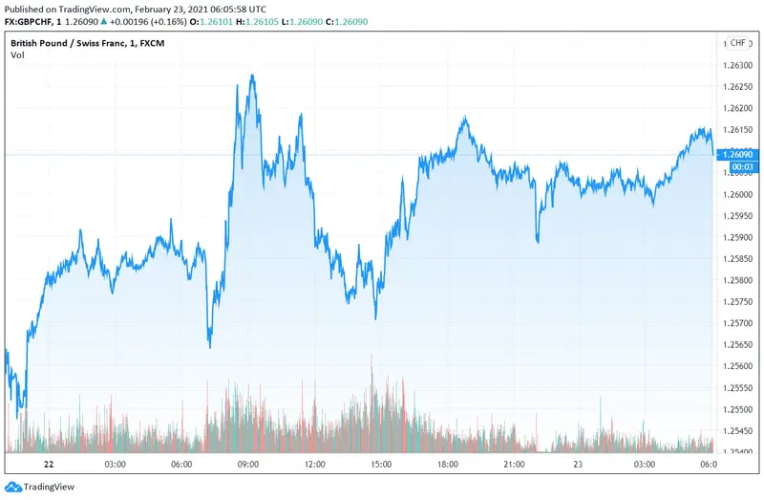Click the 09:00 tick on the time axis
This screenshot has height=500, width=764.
(x=248, y=465)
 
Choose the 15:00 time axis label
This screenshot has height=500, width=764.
(x=381, y=465)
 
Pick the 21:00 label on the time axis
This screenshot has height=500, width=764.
(x=514, y=465)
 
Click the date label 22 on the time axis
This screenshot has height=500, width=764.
(x=50, y=465)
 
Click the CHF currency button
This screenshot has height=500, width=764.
(x=738, y=43)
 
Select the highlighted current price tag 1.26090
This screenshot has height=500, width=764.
(x=739, y=155)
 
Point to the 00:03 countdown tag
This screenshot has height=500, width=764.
(x=739, y=167)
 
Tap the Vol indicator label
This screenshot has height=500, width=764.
(x=18, y=55)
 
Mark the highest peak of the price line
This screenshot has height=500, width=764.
(x=252, y=76)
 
